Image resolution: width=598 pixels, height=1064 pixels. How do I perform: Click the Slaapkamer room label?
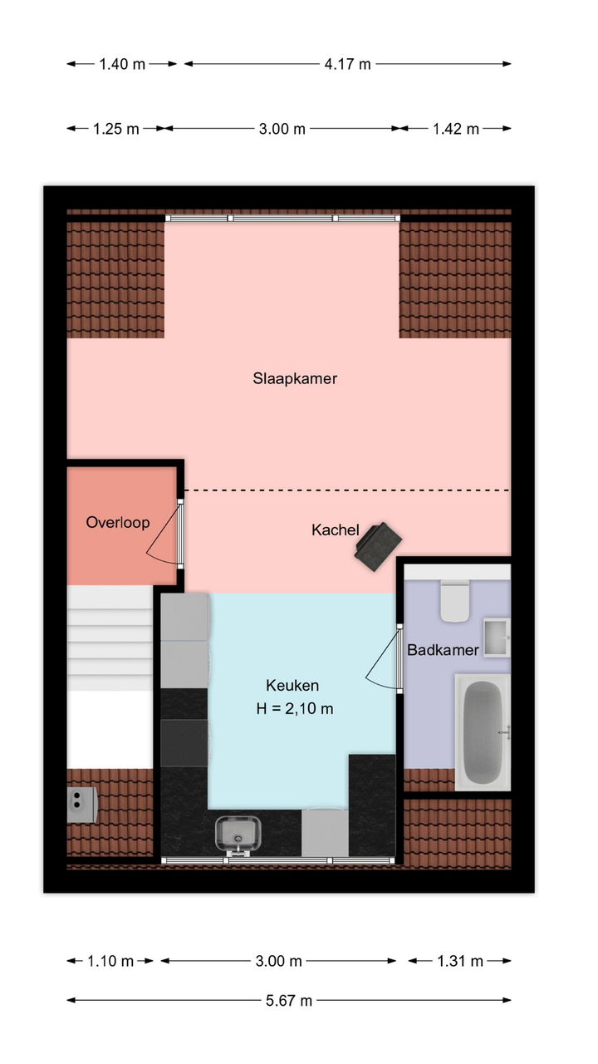(x=295, y=378)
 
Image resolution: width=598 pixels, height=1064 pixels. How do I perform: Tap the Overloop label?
(x=118, y=523)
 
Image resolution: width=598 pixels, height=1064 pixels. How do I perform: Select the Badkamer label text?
(x=443, y=650)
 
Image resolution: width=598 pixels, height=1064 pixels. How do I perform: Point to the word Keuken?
(x=292, y=685)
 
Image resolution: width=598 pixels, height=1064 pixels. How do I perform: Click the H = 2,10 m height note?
(x=295, y=709)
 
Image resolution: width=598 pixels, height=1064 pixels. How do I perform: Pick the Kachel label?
(x=335, y=530)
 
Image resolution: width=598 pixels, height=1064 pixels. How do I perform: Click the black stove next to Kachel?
(x=378, y=546)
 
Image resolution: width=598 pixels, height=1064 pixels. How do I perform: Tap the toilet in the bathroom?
(x=455, y=601)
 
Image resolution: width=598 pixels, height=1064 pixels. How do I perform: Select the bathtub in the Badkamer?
(x=483, y=732)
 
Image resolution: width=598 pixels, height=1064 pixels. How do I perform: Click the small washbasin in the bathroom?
(x=497, y=638)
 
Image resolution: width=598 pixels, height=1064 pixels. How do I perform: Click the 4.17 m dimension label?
(x=347, y=64)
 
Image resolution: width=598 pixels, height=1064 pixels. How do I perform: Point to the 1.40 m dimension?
(x=122, y=64)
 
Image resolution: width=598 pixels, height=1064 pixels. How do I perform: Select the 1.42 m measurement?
(x=456, y=129)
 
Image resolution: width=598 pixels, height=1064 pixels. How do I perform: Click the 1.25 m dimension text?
(x=115, y=129)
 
